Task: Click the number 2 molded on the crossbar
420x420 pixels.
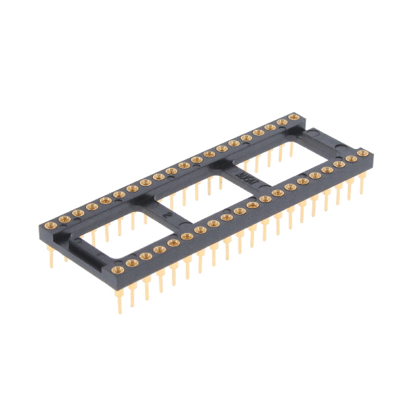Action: [170, 214]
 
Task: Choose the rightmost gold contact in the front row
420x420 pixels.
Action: [362, 154]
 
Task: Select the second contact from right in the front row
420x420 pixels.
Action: [350, 158]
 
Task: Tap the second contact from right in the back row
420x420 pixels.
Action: [283, 123]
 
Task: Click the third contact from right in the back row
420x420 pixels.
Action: [270, 127]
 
